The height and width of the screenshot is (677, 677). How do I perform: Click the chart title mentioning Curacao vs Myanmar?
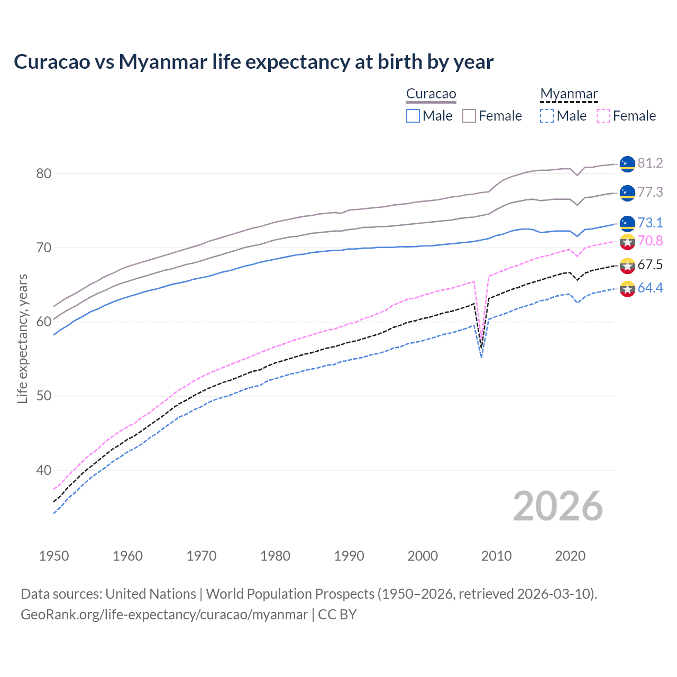coord(253,62)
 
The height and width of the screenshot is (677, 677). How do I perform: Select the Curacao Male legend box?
coord(413,116)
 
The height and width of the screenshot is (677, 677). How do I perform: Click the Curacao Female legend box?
coord(470,116)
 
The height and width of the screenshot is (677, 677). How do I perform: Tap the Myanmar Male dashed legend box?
coord(547,116)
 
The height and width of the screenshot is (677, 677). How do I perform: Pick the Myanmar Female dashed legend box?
coord(603,116)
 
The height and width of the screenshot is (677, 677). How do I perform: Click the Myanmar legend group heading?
coord(569,94)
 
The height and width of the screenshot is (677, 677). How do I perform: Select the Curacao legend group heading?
coord(431,94)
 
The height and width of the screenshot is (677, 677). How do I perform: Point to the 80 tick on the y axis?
coord(43,173)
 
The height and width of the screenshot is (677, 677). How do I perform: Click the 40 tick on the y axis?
coord(43,470)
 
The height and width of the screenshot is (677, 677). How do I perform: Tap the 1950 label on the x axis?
coord(54,556)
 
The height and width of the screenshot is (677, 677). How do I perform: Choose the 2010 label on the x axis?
coord(496,556)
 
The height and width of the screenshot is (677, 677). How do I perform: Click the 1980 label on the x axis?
coord(275,556)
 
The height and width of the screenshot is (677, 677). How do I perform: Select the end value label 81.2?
coord(650,163)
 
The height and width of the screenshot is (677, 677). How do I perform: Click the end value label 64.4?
coord(650,288)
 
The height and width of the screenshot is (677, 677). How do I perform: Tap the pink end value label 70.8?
coord(650,241)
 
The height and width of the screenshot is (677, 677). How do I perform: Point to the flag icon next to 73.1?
coord(627,223)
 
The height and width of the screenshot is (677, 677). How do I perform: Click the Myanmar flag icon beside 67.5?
coord(627,266)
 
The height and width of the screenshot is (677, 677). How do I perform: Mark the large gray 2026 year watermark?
coord(557,506)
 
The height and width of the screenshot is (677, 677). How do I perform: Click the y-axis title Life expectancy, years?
coord(22,338)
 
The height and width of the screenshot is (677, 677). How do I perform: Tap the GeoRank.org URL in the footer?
coord(164,615)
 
